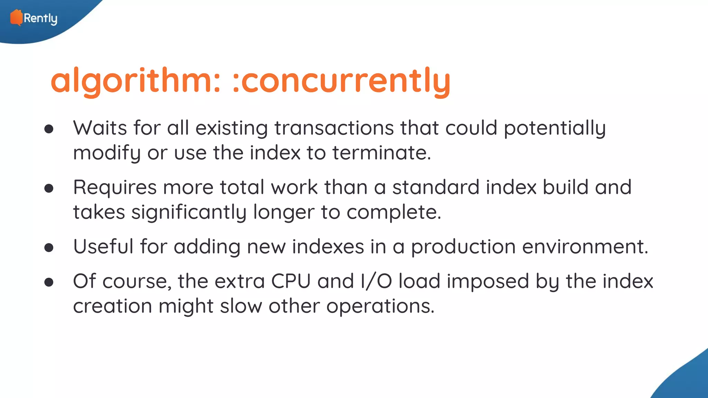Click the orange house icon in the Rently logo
(16, 17)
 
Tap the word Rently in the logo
(40, 18)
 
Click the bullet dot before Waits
(49, 129)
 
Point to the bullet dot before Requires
(49, 188)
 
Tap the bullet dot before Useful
(49, 248)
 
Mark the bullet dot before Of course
(49, 282)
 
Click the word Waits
(100, 128)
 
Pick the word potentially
(555, 129)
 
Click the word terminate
(381, 153)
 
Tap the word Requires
(115, 187)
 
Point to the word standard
(436, 187)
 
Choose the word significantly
(189, 212)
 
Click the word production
(463, 247)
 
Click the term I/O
(376, 281)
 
